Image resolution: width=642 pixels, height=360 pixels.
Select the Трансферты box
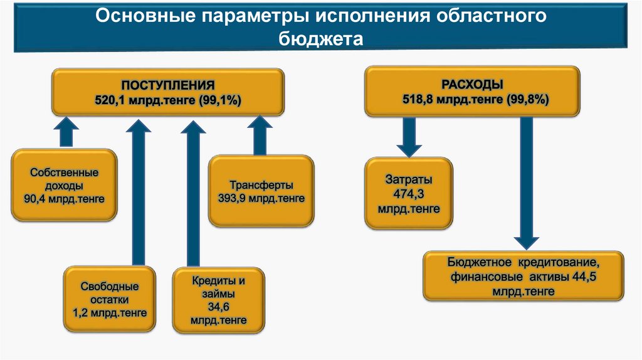pyautogui.click(x=261, y=191)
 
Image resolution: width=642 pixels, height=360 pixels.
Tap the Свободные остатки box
pyautogui.click(x=108, y=299)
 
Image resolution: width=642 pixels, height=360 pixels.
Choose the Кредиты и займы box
pyautogui.click(x=219, y=300)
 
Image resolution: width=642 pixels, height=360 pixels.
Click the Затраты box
pyautogui.click(x=409, y=194)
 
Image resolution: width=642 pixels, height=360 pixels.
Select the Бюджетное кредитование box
pyautogui.click(x=524, y=277)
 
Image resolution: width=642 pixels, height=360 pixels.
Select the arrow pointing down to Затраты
pyautogui.click(x=408, y=137)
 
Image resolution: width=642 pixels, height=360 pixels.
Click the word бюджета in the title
pyautogui.click(x=320, y=40)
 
